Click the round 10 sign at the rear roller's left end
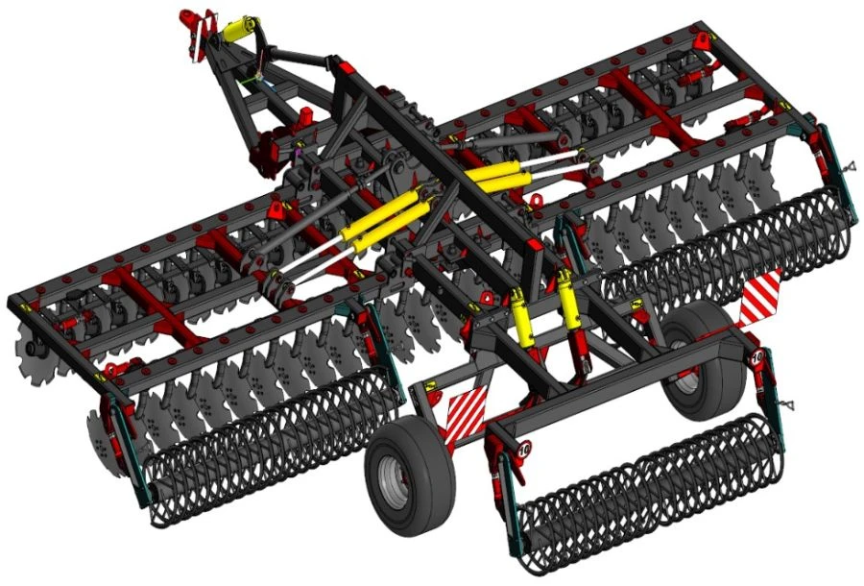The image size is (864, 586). pos(524,448)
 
